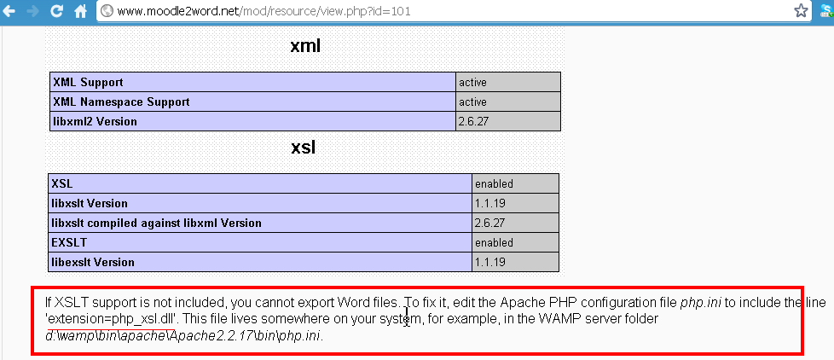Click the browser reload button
[x=56, y=11]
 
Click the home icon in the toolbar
[x=80, y=11]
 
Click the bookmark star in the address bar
[x=801, y=11]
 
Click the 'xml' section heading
[x=304, y=46]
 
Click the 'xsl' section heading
[x=304, y=148]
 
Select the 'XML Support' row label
[x=89, y=82]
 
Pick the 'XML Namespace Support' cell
[x=121, y=102]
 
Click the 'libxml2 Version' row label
[x=95, y=121]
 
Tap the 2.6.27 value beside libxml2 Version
[x=474, y=121]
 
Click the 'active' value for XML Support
[x=472, y=82]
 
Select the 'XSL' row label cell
[x=62, y=183]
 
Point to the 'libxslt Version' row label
[x=90, y=203]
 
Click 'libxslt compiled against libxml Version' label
[x=156, y=223]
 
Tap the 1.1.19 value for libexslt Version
[x=490, y=262]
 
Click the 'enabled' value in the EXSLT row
[x=494, y=242]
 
